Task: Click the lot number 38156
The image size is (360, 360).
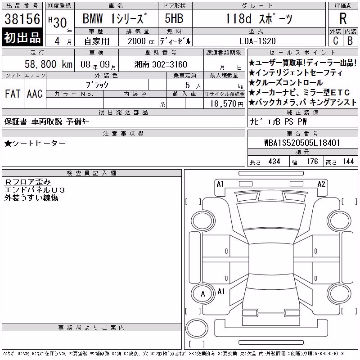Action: pyautogui.click(x=22, y=19)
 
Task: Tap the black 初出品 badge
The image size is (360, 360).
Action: pyautogui.click(x=22, y=37)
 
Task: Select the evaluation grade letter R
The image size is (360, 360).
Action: pyautogui.click(x=343, y=18)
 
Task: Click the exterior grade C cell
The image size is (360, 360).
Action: pyautogui.click(x=335, y=40)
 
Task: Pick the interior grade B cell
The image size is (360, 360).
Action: pyautogui.click(x=350, y=40)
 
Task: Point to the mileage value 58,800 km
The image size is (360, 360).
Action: pyautogui.click(x=49, y=64)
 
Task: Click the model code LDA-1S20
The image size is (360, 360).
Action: pyautogui.click(x=257, y=41)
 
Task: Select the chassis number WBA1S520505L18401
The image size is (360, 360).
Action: pyautogui.click(x=302, y=143)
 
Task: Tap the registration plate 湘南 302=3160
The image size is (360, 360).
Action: pyautogui.click(x=161, y=64)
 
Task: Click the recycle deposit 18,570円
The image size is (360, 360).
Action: pyautogui.click(x=227, y=104)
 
